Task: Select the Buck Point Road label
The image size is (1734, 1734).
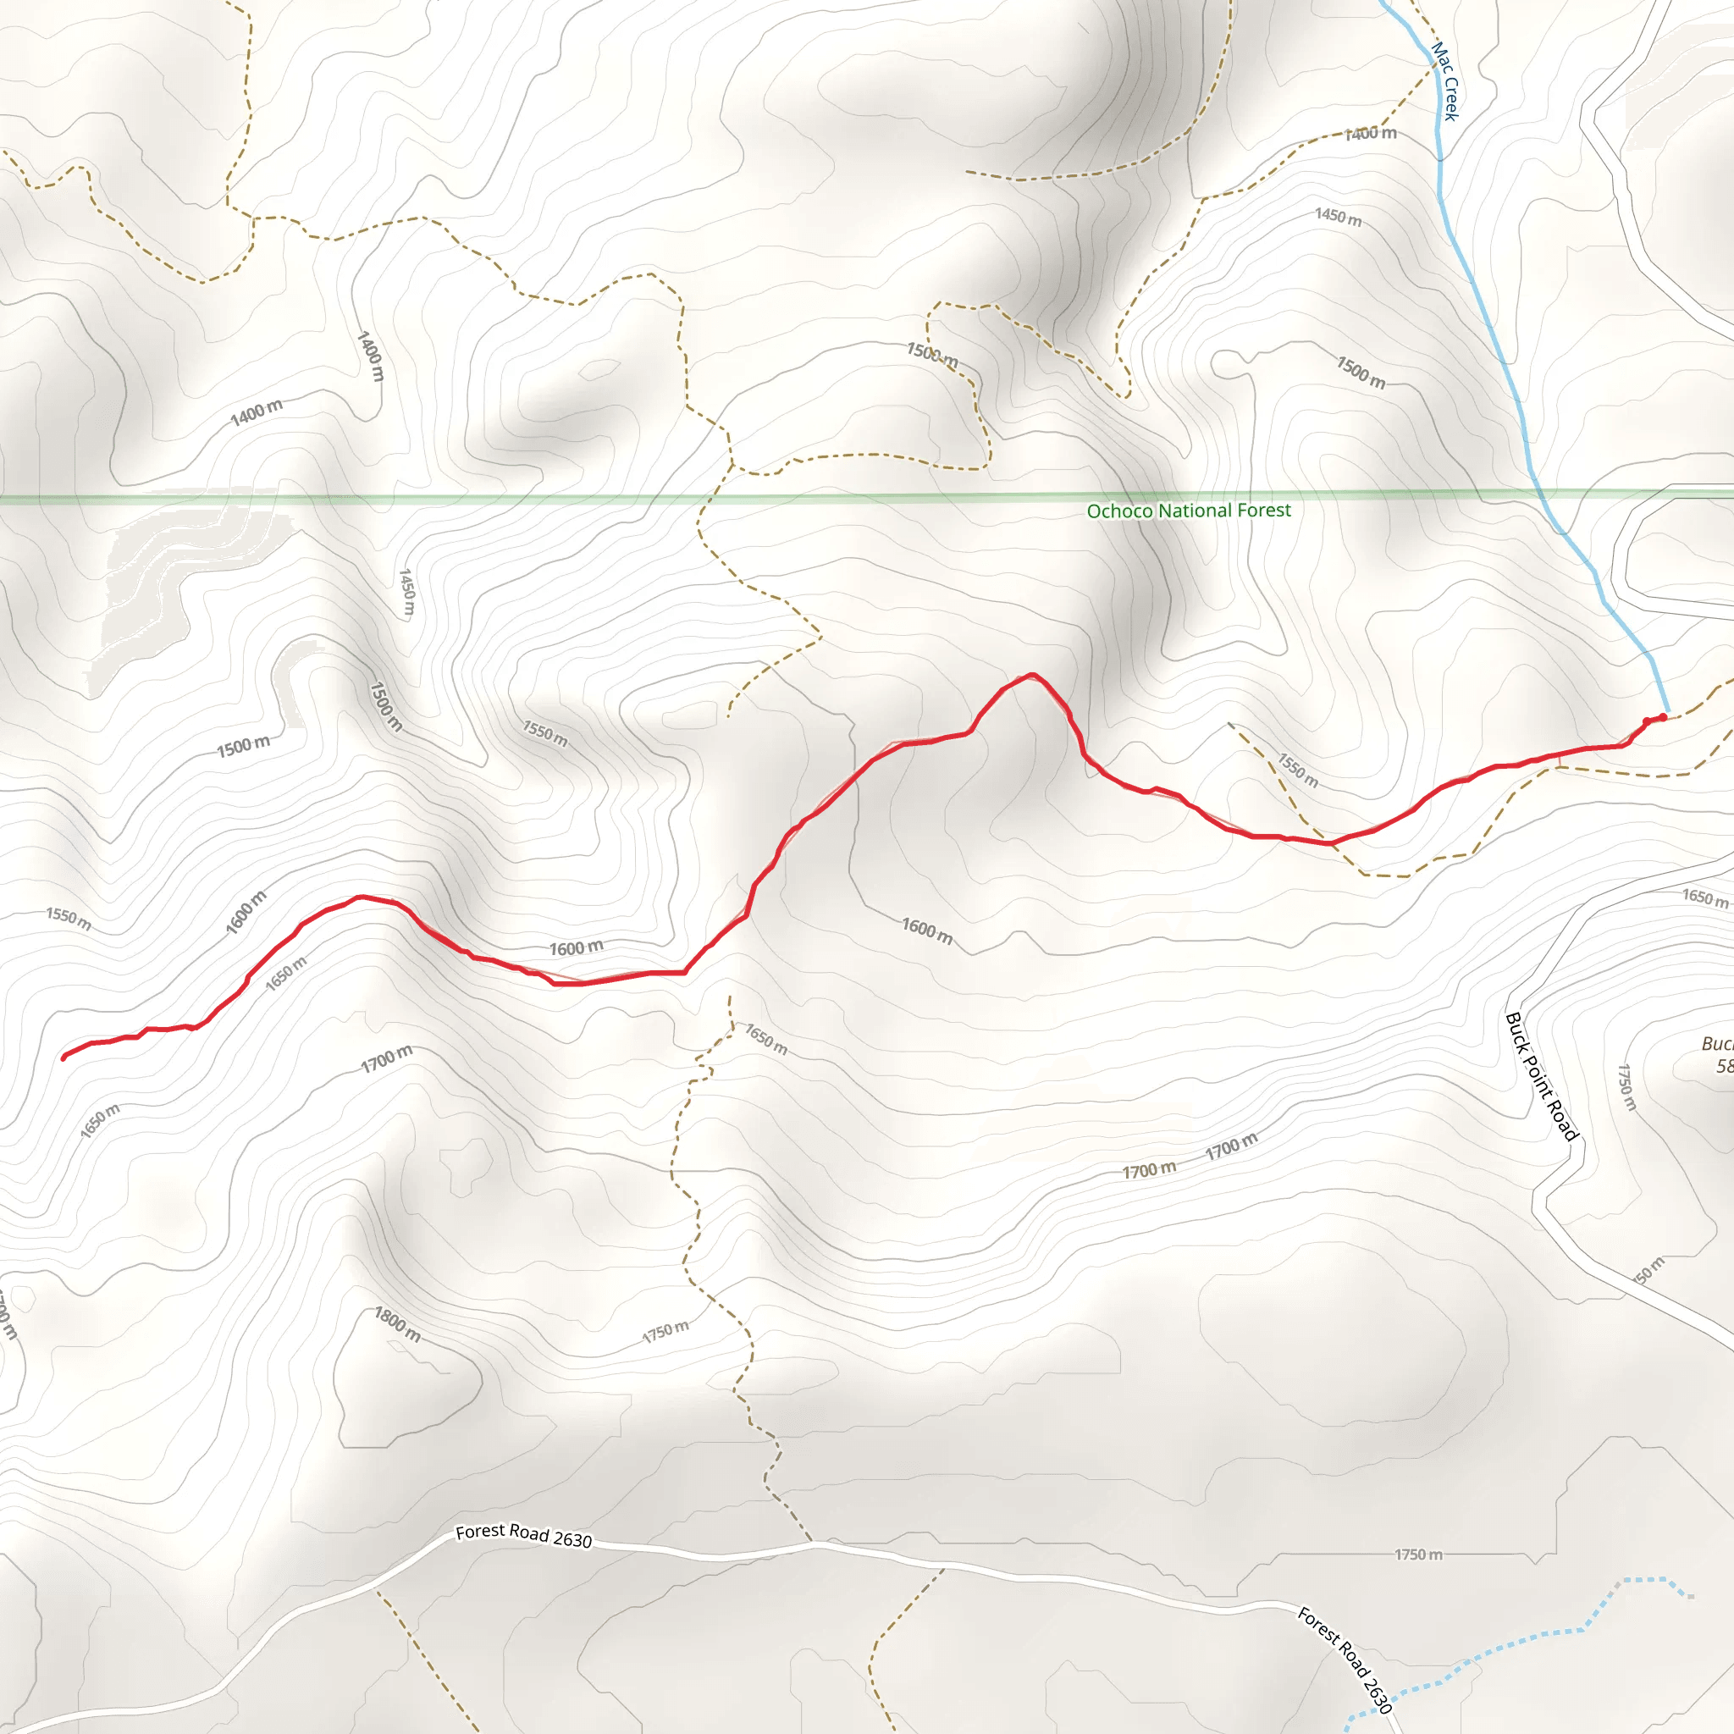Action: click(1540, 1076)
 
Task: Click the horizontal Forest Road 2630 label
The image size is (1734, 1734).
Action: click(523, 1536)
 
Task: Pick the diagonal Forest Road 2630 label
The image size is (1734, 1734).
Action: click(1344, 1659)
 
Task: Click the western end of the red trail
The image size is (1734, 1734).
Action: click(64, 1058)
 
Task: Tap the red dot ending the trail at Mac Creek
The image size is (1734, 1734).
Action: click(1662, 717)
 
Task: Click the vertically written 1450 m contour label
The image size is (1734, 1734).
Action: click(406, 593)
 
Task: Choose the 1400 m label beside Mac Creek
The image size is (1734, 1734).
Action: click(1371, 135)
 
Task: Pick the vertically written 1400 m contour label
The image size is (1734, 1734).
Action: click(370, 356)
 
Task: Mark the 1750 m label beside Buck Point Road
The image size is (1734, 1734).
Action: click(1626, 1087)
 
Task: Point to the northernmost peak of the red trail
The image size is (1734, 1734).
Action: click(1033, 674)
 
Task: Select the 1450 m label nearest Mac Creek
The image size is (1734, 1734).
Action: click(1337, 216)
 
